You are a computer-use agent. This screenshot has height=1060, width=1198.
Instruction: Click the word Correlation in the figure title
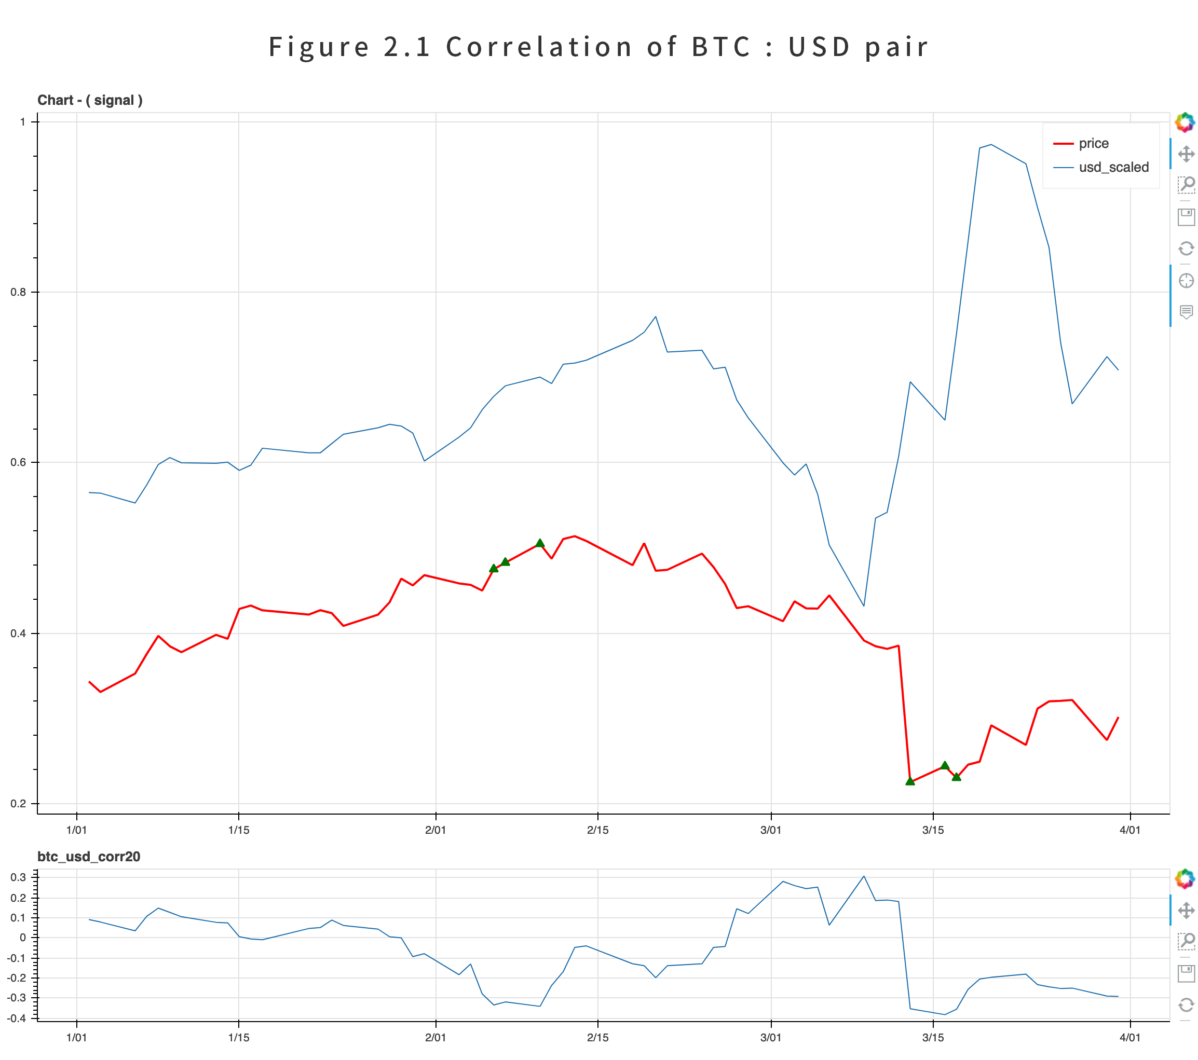click(539, 47)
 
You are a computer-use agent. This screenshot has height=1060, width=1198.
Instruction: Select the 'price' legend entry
click(1093, 144)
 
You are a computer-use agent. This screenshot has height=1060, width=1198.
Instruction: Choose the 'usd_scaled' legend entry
click(1113, 168)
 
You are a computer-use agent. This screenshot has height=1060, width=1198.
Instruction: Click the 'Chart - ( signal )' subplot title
click(90, 100)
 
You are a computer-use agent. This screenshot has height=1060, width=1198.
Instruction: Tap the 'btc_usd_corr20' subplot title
click(89, 857)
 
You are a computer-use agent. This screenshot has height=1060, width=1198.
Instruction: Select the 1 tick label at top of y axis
click(23, 122)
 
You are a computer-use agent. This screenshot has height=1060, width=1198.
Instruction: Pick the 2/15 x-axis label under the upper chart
click(597, 830)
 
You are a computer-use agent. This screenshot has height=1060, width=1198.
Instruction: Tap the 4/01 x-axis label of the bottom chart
click(1129, 1038)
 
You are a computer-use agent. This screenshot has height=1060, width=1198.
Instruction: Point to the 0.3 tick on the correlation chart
click(18, 877)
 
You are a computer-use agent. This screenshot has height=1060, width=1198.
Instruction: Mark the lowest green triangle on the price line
click(909, 781)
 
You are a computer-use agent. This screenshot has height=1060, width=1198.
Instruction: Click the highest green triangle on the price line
click(540, 543)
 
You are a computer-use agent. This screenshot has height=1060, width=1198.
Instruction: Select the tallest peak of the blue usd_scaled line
click(991, 145)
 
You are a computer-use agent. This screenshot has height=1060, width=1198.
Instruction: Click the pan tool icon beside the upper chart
click(1186, 154)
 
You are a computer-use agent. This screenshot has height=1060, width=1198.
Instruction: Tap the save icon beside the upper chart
click(1186, 217)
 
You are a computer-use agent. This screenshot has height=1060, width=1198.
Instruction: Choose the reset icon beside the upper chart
click(1186, 249)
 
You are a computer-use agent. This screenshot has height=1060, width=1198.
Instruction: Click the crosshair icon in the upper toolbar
click(1186, 281)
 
